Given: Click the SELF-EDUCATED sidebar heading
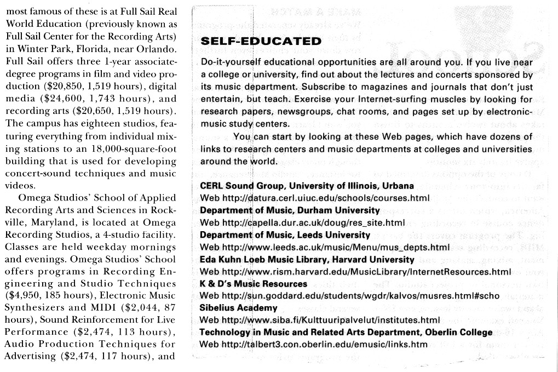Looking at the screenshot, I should coord(261,42).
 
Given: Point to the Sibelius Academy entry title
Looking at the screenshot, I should coord(232,307).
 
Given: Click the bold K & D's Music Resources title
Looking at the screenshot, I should coord(254,283).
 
